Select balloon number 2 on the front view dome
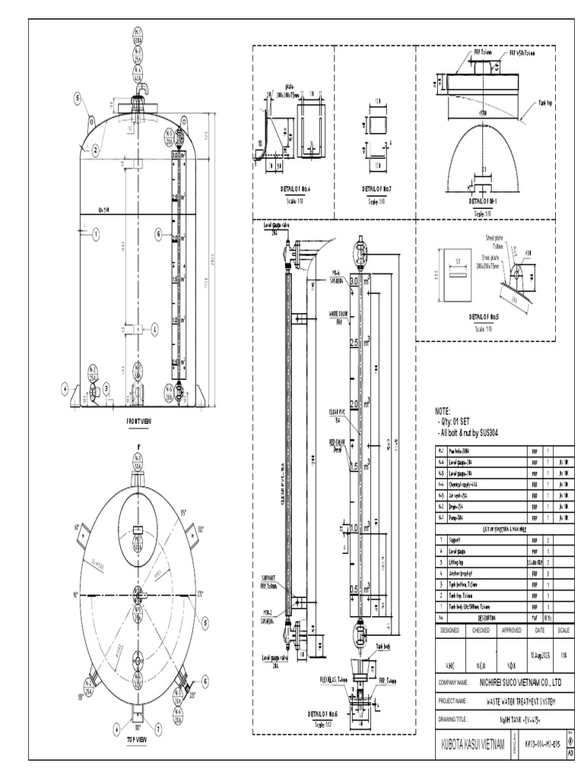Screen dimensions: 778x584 click(96, 150)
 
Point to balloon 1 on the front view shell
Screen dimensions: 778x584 click(96, 236)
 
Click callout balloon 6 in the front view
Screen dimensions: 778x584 click(159, 235)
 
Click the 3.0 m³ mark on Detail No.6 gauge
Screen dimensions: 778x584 click(354, 281)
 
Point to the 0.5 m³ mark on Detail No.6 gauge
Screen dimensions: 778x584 click(354, 590)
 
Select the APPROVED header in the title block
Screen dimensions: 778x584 click(511, 630)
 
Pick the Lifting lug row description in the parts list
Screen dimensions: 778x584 click(457, 561)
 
